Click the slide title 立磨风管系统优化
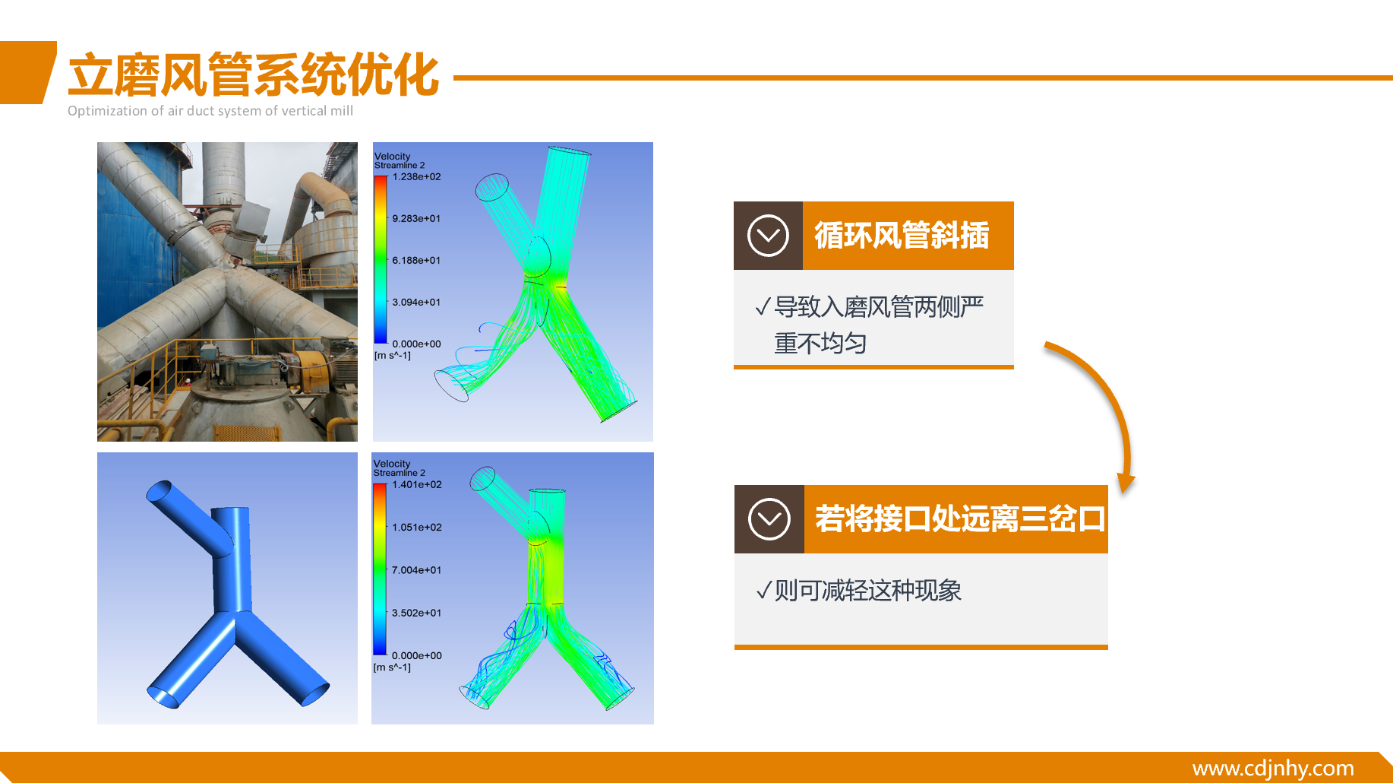click(254, 74)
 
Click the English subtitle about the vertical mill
click(210, 111)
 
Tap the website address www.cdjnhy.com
click(1273, 768)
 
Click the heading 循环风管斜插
click(902, 236)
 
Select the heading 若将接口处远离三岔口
click(960, 519)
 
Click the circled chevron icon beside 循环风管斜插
click(768, 236)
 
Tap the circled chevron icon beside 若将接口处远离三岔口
click(769, 519)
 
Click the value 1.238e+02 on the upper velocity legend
click(416, 177)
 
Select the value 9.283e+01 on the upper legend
click(416, 219)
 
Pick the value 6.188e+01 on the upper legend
click(416, 261)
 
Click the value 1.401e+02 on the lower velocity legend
click(417, 485)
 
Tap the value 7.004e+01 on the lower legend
click(417, 570)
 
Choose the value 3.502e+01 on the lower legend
click(417, 613)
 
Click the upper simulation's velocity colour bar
click(381, 260)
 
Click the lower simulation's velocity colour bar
click(380, 569)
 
